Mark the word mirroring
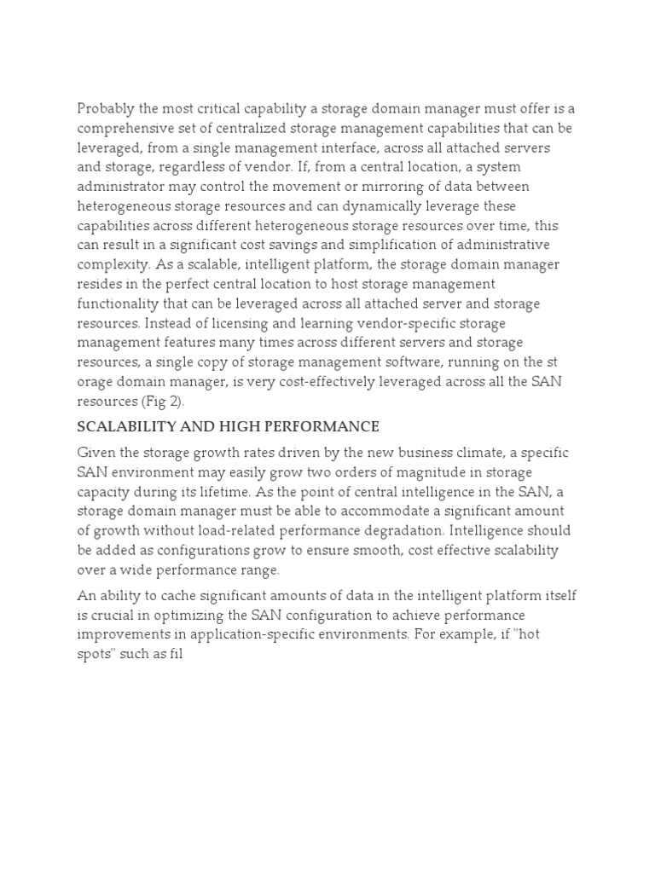coord(368,187)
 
